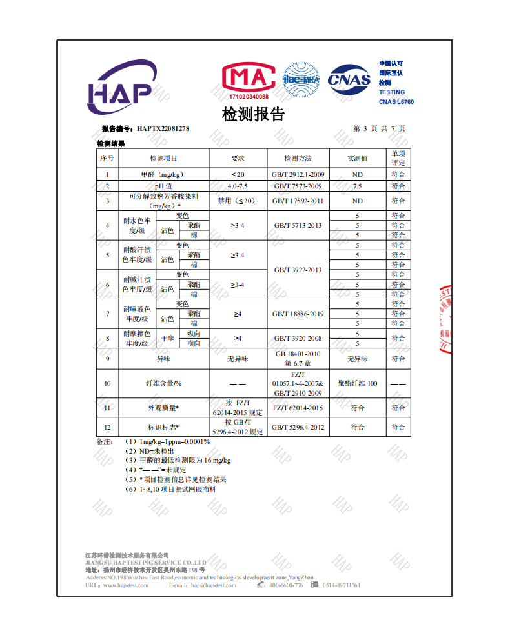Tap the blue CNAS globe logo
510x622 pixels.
(349, 80)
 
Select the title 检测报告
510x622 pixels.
(253, 115)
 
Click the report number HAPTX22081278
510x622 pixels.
(163, 129)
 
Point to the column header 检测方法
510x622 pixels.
(298, 158)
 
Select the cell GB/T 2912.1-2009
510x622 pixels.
(298, 175)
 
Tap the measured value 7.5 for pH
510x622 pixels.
(357, 186)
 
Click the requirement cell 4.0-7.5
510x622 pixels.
(238, 186)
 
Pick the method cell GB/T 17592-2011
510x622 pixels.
(298, 201)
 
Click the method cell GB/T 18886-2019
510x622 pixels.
(298, 314)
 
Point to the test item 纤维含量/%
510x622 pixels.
(164, 384)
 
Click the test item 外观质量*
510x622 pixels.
(164, 408)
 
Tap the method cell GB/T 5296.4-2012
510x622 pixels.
(298, 427)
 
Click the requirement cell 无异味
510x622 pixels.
(238, 359)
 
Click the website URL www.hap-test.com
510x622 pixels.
(125, 585)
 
